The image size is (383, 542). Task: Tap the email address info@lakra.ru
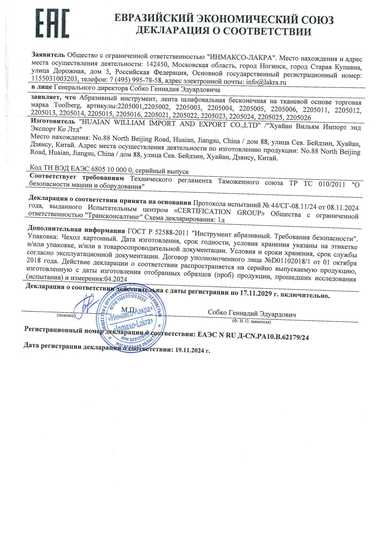click(x=266, y=82)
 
